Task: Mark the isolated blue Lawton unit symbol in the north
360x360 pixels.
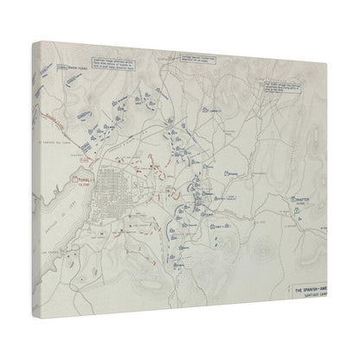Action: pyautogui.click(x=202, y=111)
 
